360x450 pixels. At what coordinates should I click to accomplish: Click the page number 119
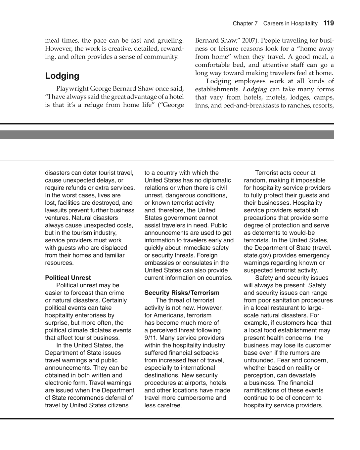click(329, 23)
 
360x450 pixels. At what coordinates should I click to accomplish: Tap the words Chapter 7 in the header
click(245, 23)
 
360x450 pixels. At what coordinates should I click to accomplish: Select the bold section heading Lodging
click(62, 76)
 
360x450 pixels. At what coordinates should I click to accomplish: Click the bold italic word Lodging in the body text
click(255, 89)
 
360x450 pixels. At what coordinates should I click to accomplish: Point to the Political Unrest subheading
click(68, 278)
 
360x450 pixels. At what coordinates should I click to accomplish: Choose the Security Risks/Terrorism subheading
click(182, 293)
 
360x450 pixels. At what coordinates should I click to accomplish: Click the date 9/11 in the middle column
click(151, 338)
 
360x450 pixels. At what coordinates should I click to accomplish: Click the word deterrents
click(266, 233)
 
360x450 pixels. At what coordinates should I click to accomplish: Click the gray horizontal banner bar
click(167, 135)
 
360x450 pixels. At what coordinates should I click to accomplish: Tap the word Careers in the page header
click(273, 23)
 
